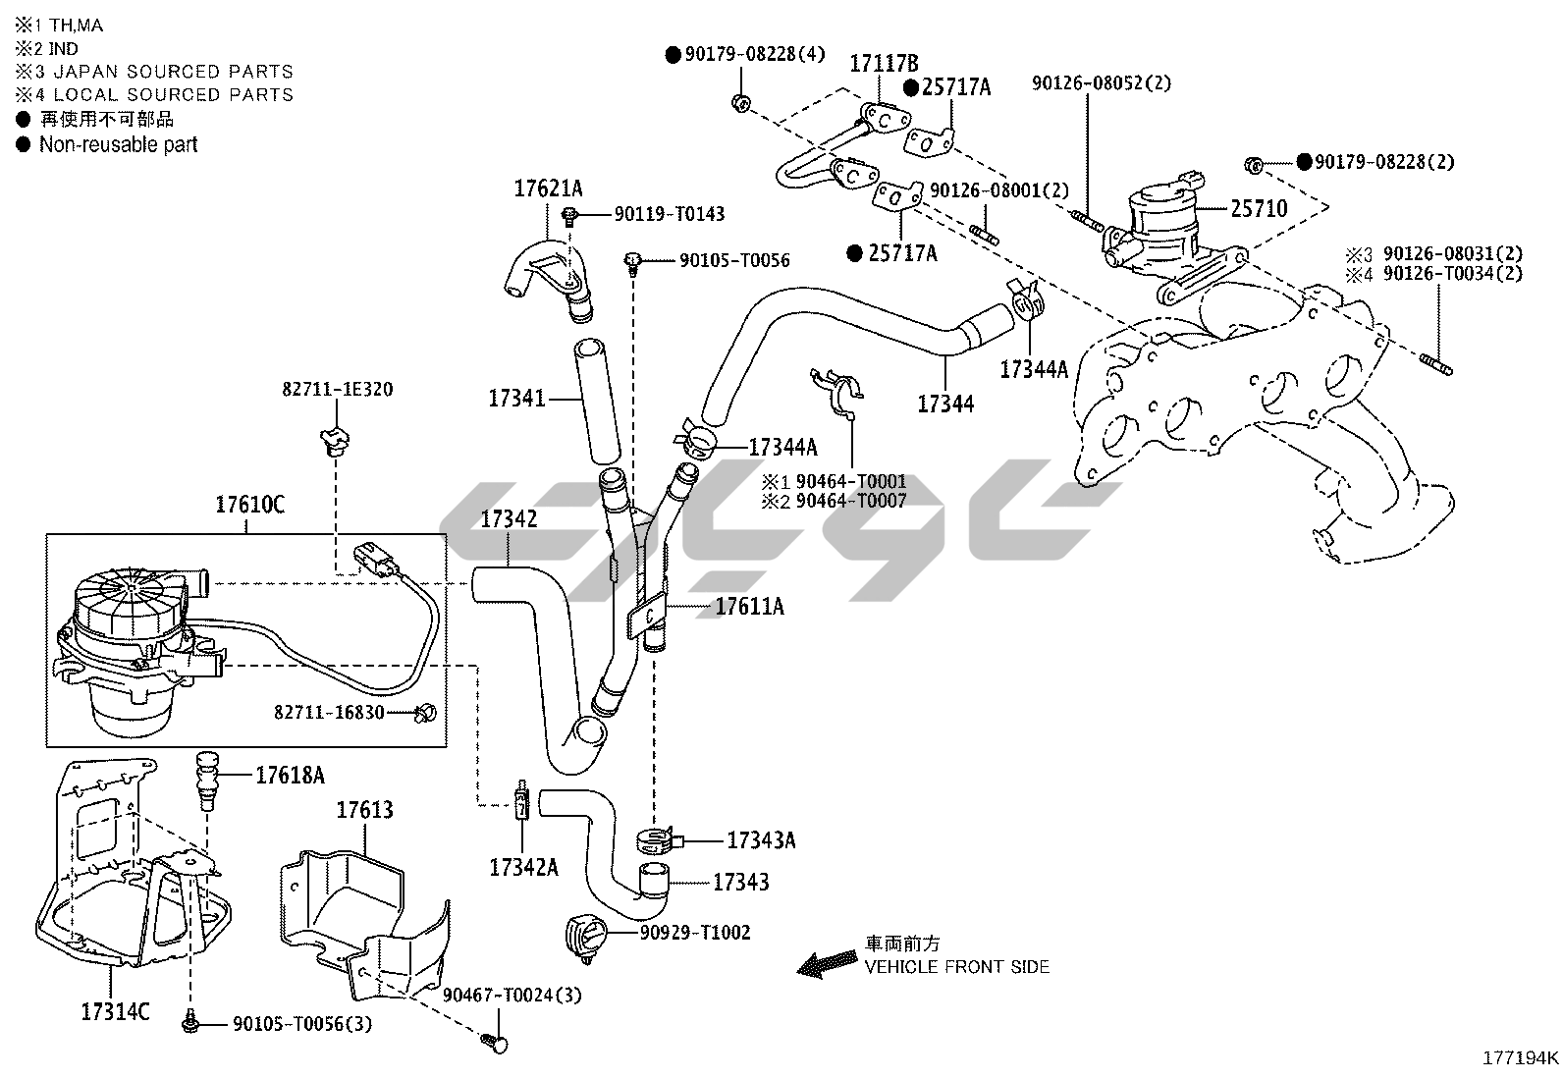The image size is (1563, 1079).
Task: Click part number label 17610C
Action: tap(249, 506)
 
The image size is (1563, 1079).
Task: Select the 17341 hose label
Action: tap(516, 399)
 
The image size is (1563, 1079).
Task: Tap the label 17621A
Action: tap(548, 189)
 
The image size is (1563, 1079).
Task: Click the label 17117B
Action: tap(884, 64)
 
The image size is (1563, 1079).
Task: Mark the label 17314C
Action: tap(115, 1011)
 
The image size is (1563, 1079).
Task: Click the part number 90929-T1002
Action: tap(695, 932)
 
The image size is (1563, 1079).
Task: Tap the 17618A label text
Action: tap(290, 776)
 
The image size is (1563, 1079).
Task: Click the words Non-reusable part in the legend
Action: tap(118, 144)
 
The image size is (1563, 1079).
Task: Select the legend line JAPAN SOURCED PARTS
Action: tap(173, 72)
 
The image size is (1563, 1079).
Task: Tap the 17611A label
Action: tap(749, 607)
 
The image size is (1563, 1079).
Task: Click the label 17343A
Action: tap(761, 840)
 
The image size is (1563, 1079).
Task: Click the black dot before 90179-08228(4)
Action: tap(674, 55)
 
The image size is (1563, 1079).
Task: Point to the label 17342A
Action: tap(523, 867)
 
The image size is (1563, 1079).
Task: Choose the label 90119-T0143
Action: tap(670, 214)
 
